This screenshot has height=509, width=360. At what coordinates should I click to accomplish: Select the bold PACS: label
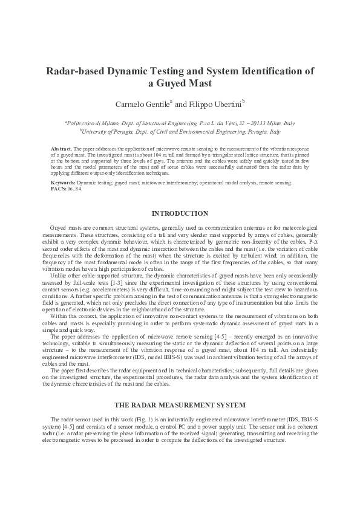pyautogui.click(x=58, y=187)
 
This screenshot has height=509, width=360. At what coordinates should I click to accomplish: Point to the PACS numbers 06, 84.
pyautogui.click(x=74, y=187)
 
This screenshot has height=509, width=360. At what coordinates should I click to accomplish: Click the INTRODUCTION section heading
pyautogui.click(x=180, y=213)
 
